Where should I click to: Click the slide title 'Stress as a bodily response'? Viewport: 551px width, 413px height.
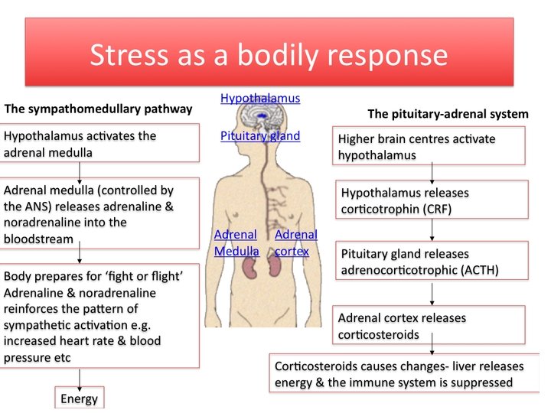(269, 56)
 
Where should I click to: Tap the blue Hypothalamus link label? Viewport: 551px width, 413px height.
(260, 98)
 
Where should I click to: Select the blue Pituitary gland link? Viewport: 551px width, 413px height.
(260, 136)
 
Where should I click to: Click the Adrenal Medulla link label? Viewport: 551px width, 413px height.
(236, 242)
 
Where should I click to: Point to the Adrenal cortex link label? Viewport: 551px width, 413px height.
(295, 242)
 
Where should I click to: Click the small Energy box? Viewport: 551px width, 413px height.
(80, 398)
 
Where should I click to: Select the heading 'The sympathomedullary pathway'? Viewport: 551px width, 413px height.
(99, 109)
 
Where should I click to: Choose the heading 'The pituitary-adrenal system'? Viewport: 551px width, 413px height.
(448, 114)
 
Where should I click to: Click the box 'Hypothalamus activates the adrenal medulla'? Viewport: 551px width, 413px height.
(101, 143)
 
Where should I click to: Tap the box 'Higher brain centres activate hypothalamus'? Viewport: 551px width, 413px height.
(430, 146)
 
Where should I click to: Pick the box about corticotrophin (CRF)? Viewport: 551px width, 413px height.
(432, 200)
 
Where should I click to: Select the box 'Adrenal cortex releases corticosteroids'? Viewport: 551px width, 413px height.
(430, 324)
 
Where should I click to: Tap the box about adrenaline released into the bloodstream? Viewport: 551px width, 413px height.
(101, 213)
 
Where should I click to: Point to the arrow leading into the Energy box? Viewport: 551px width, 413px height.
(80, 378)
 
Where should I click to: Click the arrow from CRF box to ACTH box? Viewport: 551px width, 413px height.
(433, 229)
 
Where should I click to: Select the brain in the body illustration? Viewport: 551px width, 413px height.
(263, 119)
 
